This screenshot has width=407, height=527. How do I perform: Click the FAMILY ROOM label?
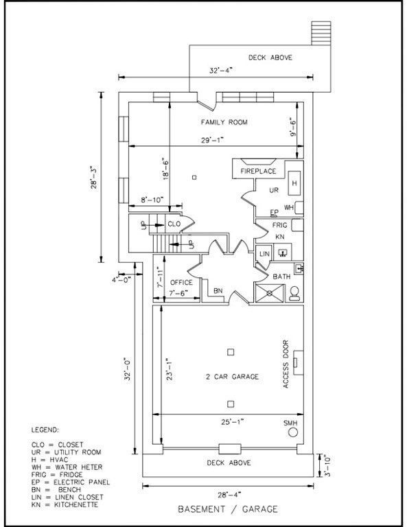[224, 122]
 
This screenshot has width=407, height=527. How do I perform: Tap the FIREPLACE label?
[258, 171]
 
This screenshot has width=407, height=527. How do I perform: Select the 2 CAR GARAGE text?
[232, 377]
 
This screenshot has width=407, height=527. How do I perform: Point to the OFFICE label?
[181, 282]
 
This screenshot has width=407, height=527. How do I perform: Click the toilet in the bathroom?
[294, 293]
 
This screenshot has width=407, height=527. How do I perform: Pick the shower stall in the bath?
[270, 293]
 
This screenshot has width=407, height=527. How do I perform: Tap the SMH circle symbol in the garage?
[293, 432]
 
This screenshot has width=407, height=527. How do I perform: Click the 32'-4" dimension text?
[221, 71]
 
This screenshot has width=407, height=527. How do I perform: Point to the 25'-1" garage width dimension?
[232, 421]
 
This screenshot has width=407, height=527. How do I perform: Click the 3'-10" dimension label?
[326, 465]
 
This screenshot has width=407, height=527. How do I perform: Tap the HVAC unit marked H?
[294, 183]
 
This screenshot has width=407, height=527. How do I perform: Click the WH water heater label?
[289, 207]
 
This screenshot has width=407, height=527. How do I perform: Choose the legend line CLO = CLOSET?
[57, 445]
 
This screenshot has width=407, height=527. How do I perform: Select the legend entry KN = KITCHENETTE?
[65, 504]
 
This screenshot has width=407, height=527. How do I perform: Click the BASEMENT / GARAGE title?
[228, 509]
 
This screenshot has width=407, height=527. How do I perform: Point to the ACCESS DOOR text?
[286, 364]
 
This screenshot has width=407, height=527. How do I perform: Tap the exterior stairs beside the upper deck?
[321, 33]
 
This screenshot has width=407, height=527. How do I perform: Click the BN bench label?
[218, 291]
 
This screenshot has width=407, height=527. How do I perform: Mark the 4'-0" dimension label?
[121, 280]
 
